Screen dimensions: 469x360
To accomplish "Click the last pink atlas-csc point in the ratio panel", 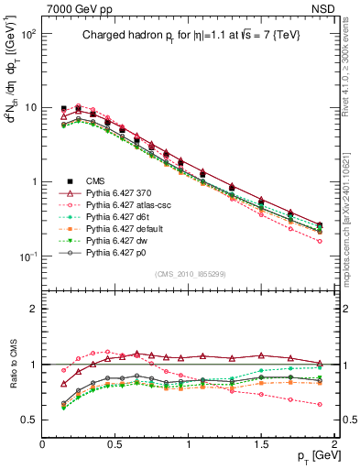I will [x=320, y=404].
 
